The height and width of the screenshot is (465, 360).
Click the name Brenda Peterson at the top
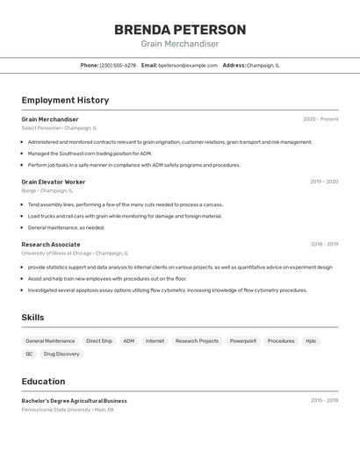coord(180,30)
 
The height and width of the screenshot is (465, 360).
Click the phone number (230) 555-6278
coord(118,65)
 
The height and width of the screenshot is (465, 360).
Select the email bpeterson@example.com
coord(188,65)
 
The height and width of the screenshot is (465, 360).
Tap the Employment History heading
coord(65,100)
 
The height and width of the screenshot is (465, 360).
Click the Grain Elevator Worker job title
coord(54,182)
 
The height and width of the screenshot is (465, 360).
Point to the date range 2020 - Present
coord(320,119)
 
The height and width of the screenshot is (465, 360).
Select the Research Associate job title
coord(51,245)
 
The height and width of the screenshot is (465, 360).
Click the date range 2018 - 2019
coord(324,245)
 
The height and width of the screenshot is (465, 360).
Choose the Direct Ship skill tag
coord(99,340)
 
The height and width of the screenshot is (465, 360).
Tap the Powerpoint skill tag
coord(243,340)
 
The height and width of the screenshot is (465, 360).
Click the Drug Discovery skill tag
coord(61,354)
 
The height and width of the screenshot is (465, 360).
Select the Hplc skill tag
coord(311,340)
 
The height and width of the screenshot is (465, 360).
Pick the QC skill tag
coord(29,354)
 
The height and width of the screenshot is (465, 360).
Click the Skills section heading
coord(33,317)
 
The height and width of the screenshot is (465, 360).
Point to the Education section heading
coord(43,381)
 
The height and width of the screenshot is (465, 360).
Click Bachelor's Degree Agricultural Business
coord(74,400)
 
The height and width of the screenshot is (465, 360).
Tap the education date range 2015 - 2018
coord(324,400)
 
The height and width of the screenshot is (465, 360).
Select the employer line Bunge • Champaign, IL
coord(47,190)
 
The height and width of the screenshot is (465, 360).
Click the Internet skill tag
coord(155,340)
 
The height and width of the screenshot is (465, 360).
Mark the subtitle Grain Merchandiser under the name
coord(180,44)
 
